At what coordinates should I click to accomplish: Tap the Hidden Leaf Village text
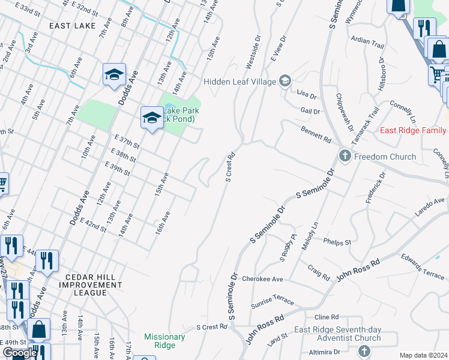(x=239, y=82)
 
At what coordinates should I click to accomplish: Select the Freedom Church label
(x=385, y=157)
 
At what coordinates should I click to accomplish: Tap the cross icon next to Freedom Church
(x=345, y=156)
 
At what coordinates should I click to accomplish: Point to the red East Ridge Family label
(x=412, y=130)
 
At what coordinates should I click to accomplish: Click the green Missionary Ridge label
(x=164, y=341)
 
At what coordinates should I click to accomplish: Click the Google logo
(x=20, y=353)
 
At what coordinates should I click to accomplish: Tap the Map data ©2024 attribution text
(x=423, y=355)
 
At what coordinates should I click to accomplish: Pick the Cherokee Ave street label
(x=262, y=279)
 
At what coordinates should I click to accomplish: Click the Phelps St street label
(x=337, y=242)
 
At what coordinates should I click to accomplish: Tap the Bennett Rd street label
(x=316, y=134)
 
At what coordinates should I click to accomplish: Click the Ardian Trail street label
(x=367, y=44)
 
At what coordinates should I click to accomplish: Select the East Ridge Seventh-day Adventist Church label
(x=338, y=334)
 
